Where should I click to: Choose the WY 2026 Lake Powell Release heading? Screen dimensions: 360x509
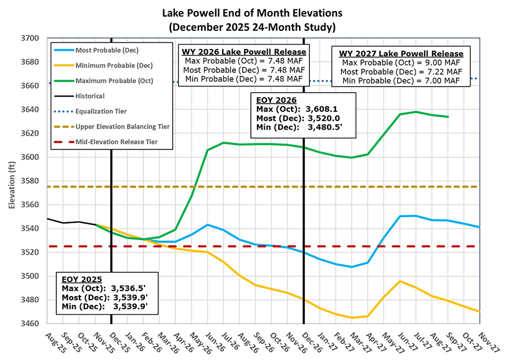tap(244, 52)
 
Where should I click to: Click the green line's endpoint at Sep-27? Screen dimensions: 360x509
tap(448, 117)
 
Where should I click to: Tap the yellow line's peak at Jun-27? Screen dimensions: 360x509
tap(400, 281)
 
